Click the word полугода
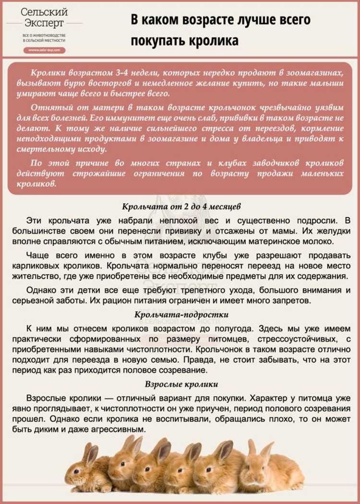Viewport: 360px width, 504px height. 228,328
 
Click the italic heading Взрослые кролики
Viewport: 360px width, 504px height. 181,384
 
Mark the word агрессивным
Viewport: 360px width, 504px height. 120,431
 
